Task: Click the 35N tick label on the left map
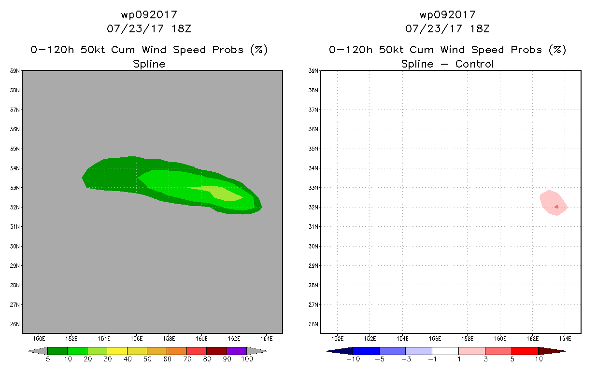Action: pyautogui.click(x=15, y=149)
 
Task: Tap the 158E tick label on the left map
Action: pyautogui.click(x=169, y=339)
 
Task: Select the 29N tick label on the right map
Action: pyautogui.click(x=313, y=266)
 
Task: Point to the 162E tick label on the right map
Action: pyautogui.click(x=532, y=339)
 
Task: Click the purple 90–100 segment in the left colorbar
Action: pyautogui.click(x=237, y=351)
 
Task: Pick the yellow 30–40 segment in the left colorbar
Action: pyautogui.click(x=117, y=351)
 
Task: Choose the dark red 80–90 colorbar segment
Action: pyautogui.click(x=217, y=351)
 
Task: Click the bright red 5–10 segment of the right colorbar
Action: pyautogui.click(x=525, y=351)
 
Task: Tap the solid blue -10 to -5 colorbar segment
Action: pyautogui.click(x=366, y=351)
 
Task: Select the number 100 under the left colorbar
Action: pyautogui.click(x=247, y=359)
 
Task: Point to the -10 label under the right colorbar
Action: pyautogui.click(x=353, y=359)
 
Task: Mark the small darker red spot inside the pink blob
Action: pyautogui.click(x=556, y=207)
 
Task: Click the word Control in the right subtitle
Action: pyautogui.click(x=474, y=64)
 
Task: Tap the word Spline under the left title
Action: pyautogui.click(x=149, y=64)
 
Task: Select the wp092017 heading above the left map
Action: pyautogui.click(x=149, y=15)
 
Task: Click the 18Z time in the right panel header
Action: pyautogui.click(x=480, y=28)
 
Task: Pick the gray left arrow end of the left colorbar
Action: pyautogui.click(x=38, y=351)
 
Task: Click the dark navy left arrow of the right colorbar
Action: pyautogui.click(x=340, y=351)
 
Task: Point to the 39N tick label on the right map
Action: pyautogui.click(x=313, y=71)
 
